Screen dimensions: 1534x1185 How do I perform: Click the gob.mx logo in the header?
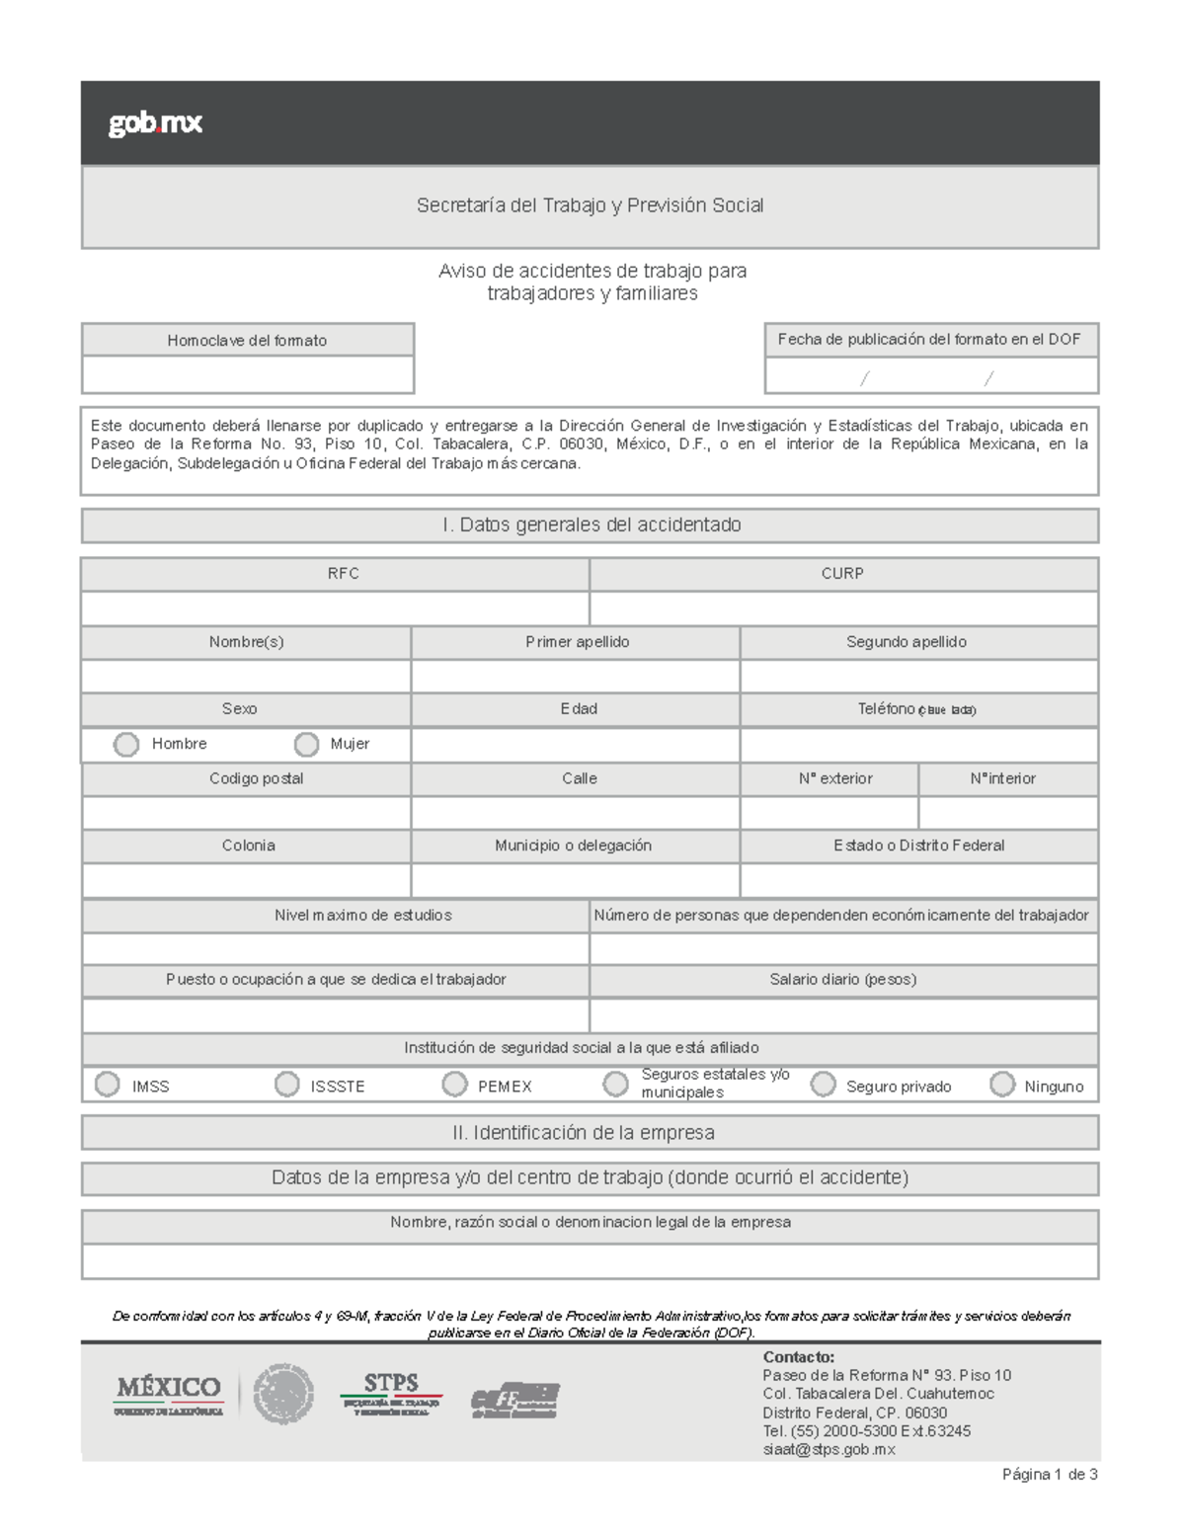pos(155,123)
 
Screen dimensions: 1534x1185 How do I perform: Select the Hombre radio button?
pos(126,744)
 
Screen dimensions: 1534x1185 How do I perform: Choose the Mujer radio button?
pos(307,744)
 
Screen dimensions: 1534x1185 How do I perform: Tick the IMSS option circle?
pos(108,1085)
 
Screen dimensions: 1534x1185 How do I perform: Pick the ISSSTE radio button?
pos(286,1085)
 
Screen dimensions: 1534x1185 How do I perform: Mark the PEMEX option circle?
pos(454,1085)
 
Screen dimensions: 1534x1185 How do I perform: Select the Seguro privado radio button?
pos(823,1085)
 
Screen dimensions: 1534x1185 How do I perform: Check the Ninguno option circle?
pos(1002,1085)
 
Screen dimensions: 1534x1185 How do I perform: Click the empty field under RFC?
pos(335,607)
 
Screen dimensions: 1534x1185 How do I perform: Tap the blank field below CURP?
pos(843,607)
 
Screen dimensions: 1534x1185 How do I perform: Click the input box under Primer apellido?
pos(575,676)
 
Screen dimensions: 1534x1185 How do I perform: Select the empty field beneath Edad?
pos(575,745)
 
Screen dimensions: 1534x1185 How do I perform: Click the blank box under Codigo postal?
pos(246,812)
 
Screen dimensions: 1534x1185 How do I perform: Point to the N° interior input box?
pos(1007,812)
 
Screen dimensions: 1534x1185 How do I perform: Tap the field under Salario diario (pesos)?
pos(843,1014)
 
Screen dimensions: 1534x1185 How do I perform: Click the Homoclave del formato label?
pos(247,341)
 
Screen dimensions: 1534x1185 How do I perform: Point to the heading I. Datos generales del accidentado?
pos(591,525)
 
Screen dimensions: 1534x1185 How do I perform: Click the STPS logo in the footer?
pos(391,1394)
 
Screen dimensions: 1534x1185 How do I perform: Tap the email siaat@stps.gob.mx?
pos(829,1449)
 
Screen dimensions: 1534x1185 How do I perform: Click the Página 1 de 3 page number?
pos(1049,1475)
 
